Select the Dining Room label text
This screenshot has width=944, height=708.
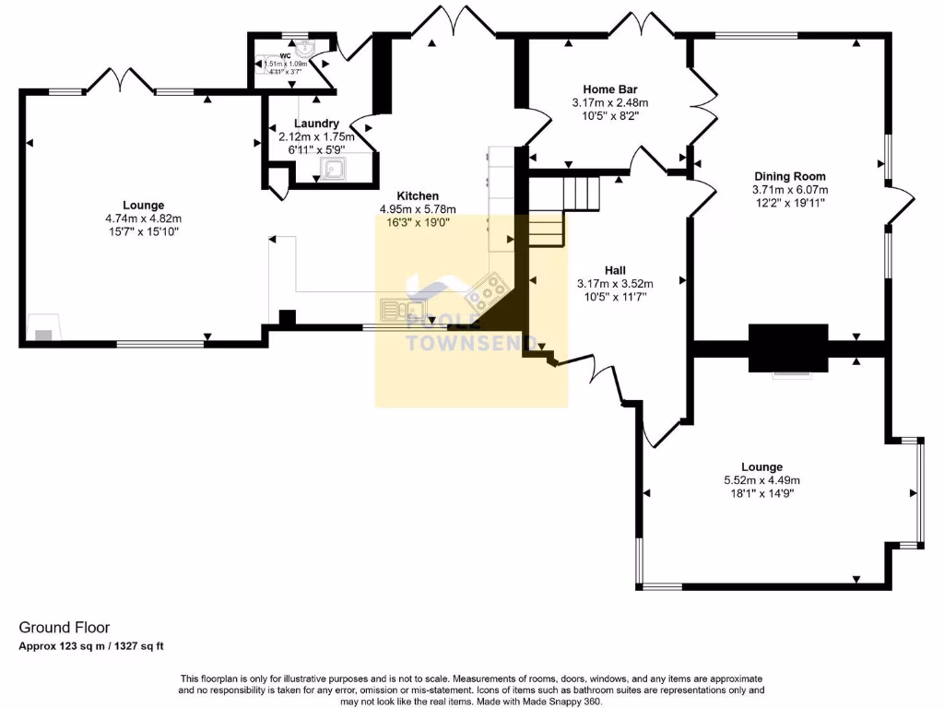pos(789,176)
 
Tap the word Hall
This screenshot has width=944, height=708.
pos(615,270)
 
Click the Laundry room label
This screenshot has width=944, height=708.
pos(316,124)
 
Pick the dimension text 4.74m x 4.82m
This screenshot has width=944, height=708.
pos(143,218)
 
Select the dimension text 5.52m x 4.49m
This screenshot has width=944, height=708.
pos(761,480)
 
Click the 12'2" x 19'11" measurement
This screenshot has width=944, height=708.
pos(789,203)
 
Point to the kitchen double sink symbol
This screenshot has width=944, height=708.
pos(402,311)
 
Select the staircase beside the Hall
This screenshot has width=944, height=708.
pos(562,212)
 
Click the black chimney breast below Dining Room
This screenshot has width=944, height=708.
pos(788,348)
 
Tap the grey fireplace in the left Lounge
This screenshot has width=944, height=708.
pos(42,333)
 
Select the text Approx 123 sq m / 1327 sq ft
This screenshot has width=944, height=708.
pos(91,646)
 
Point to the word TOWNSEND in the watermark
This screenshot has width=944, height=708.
pos(472,343)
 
